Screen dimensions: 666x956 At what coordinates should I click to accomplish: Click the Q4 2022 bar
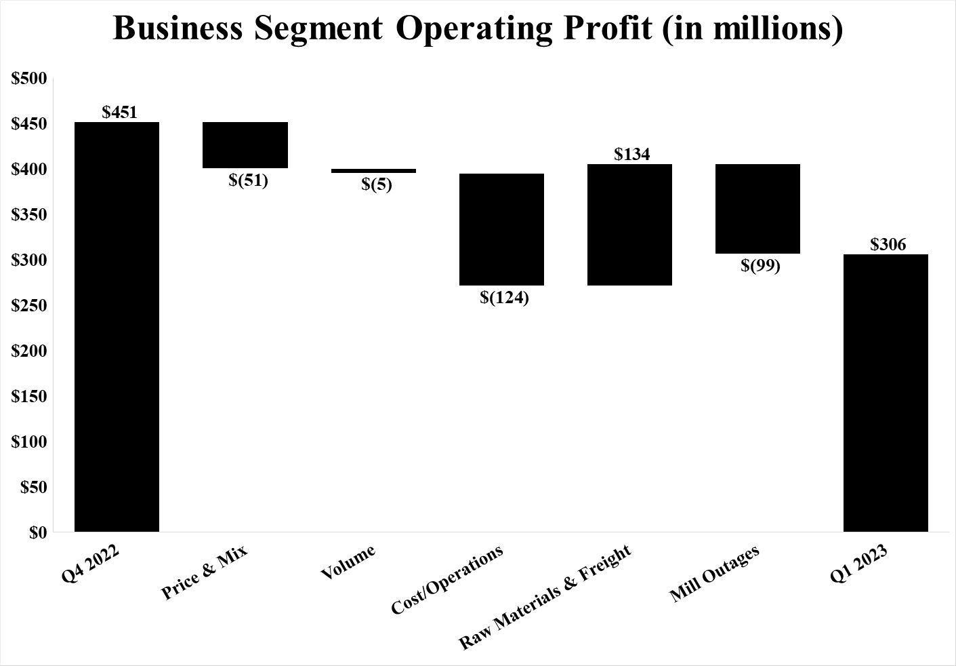[x=117, y=327]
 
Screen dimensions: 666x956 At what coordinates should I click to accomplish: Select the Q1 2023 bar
[x=886, y=393]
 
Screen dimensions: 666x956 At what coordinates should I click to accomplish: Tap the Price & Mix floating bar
[x=246, y=145]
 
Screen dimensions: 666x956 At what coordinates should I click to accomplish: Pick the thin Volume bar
[x=373, y=171]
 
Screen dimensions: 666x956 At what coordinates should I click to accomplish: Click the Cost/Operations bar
[x=501, y=229]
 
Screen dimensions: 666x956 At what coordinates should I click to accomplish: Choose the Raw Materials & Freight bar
[x=629, y=224]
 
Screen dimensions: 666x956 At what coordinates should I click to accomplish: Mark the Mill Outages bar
[x=757, y=209]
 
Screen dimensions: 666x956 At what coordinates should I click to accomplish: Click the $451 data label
[x=120, y=113]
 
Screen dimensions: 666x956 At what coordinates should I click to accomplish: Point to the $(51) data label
[x=248, y=180]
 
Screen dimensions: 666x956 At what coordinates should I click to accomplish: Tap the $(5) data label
[x=376, y=184]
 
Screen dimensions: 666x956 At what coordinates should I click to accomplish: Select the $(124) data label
[x=504, y=297]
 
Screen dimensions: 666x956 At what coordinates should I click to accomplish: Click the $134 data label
[x=632, y=155]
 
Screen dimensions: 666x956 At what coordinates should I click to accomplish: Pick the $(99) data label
[x=760, y=266]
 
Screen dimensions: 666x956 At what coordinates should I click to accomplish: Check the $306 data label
[x=888, y=244]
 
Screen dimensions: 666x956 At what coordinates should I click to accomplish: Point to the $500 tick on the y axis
[x=29, y=79]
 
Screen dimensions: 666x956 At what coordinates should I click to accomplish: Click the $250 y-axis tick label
[x=29, y=306]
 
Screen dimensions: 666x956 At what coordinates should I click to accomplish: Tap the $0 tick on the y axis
[x=38, y=533]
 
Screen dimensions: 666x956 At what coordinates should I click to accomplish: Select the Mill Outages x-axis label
[x=715, y=574]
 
